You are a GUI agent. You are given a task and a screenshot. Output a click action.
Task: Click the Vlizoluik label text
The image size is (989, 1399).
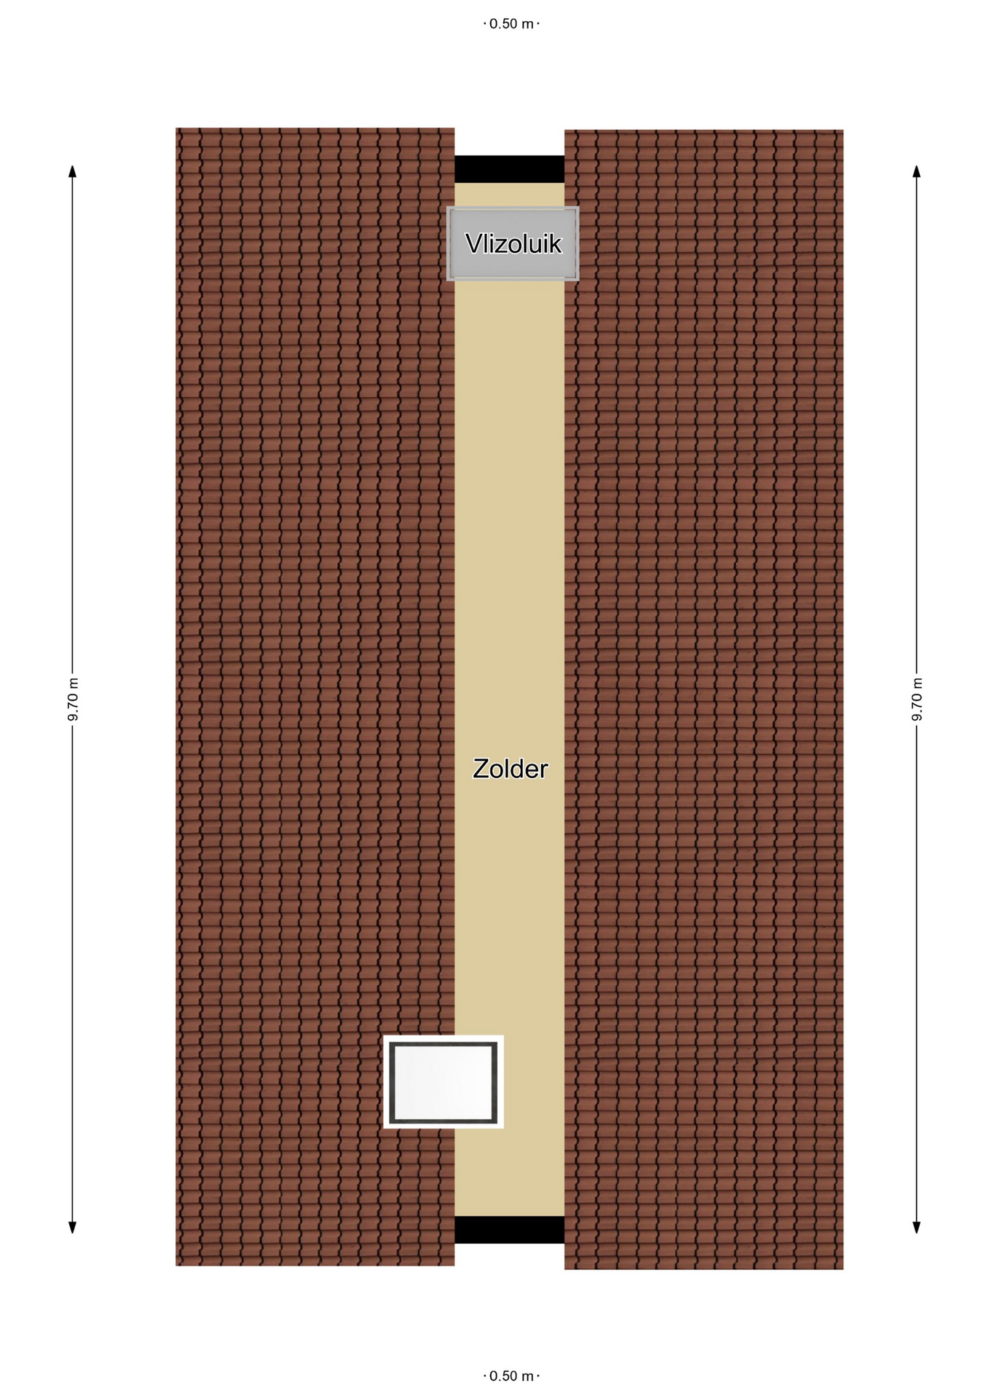(513, 244)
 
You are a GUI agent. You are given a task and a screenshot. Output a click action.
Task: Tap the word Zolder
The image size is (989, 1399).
(510, 769)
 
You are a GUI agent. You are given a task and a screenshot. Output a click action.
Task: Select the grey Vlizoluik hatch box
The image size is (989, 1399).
(513, 243)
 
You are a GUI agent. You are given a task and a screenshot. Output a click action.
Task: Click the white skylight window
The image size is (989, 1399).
(444, 1082)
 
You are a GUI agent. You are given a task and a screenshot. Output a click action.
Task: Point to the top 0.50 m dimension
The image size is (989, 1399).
(511, 24)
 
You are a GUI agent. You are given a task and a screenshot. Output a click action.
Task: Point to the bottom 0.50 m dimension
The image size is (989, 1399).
(511, 1376)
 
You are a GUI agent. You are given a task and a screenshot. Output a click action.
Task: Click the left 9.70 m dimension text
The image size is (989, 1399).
(73, 699)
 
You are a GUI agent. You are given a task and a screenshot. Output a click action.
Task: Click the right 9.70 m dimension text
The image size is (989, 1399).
(917, 699)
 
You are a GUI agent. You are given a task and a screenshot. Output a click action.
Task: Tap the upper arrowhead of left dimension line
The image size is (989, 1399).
(73, 171)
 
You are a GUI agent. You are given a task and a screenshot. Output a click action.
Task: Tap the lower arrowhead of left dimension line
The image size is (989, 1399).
(73, 1228)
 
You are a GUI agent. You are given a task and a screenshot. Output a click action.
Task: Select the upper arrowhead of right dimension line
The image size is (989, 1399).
(917, 171)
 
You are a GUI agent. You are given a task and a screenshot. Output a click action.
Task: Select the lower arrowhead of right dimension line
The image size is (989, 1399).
(917, 1228)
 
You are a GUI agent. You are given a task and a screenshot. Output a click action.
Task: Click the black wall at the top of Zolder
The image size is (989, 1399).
(510, 169)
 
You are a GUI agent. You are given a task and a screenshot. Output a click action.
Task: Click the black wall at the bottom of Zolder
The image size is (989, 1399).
(510, 1229)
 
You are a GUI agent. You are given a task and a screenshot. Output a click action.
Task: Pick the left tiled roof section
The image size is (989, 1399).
(315, 697)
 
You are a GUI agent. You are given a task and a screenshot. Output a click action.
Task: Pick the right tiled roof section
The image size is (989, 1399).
(704, 699)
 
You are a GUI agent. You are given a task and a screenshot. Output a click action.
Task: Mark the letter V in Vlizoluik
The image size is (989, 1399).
(474, 244)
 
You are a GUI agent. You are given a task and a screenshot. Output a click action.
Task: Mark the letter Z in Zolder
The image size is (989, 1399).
(481, 769)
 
